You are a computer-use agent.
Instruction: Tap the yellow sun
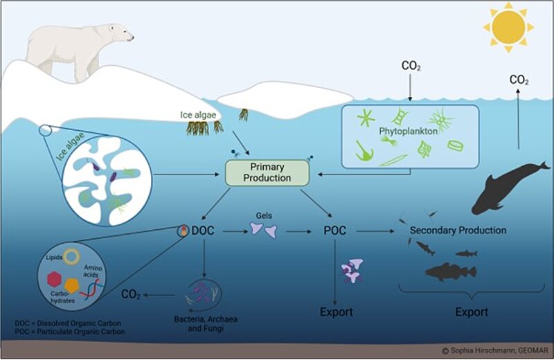[508, 28]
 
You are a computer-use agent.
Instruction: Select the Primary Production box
[267, 172]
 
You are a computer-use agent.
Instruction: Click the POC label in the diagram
[335, 230]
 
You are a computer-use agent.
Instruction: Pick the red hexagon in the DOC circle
[52, 278]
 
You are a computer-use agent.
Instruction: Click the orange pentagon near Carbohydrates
[72, 283]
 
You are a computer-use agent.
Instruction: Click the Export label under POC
[335, 312]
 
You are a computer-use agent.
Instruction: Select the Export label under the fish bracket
[472, 312]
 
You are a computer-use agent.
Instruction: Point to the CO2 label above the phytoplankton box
[411, 66]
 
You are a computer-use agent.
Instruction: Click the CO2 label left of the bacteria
[132, 295]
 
